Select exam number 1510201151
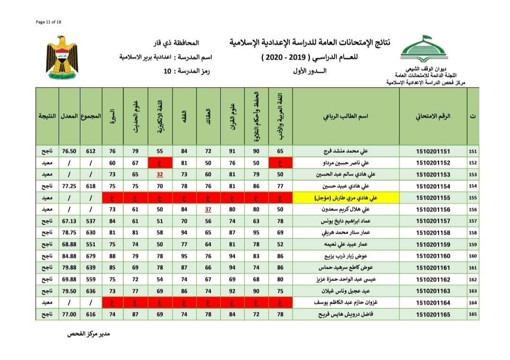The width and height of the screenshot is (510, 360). click(432, 151)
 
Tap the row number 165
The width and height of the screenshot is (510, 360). click(473, 315)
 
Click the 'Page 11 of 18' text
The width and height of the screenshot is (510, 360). click(49, 21)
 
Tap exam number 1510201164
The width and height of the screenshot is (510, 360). click(432, 303)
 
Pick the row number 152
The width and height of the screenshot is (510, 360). click(473, 163)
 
